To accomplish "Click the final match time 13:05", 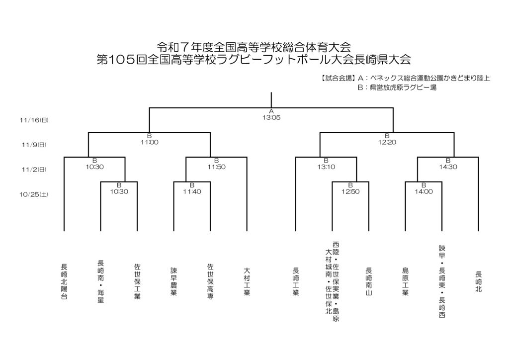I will (271, 117).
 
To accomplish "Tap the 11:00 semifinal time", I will (149, 142).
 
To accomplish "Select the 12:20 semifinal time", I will (387, 142).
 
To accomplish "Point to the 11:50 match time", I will (216, 167).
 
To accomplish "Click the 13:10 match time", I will (326, 167).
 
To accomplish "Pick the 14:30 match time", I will (448, 167).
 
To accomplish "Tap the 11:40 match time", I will (192, 191).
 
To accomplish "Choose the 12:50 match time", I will (350, 191).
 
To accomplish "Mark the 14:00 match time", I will (424, 191).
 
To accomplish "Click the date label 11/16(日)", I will (34, 120).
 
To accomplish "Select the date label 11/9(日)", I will (34, 145).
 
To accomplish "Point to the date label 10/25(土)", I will (34, 194).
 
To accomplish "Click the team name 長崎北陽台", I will (64, 281).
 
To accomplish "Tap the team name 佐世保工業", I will (137, 281).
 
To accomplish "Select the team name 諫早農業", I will (173, 282).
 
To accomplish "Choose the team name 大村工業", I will (247, 282).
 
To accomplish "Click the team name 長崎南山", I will (369, 282).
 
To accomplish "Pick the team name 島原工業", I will (405, 282).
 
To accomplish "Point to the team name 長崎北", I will (478, 281).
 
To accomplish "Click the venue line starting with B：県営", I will (397, 88).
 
